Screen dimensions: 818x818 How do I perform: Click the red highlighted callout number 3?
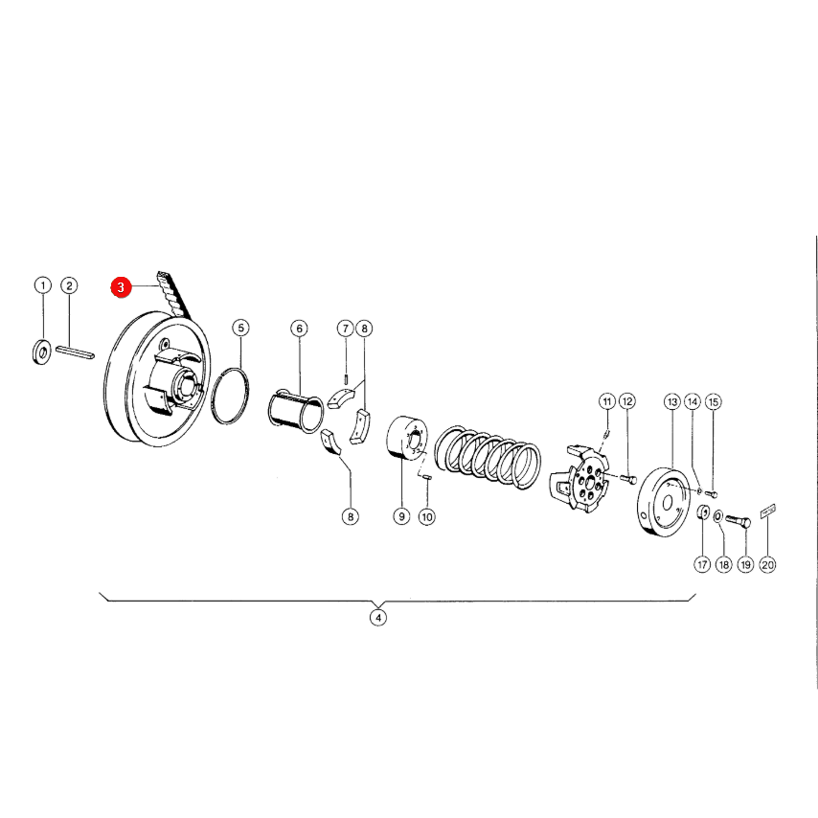tap(121, 287)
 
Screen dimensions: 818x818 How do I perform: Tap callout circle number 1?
tap(43, 285)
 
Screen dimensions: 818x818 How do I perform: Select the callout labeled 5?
tap(240, 328)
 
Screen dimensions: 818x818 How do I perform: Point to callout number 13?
tap(672, 401)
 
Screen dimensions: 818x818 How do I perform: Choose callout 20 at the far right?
tap(768, 564)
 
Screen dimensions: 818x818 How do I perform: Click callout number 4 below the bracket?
tap(378, 618)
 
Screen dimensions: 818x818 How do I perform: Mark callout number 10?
tap(427, 517)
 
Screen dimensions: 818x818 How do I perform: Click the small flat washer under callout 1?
tap(42, 352)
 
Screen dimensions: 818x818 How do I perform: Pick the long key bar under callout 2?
tap(75, 352)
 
